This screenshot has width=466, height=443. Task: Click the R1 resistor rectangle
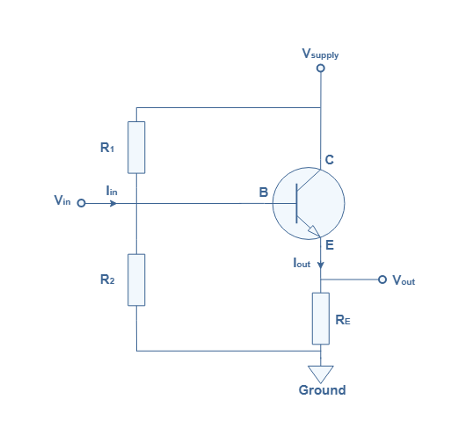(x=136, y=148)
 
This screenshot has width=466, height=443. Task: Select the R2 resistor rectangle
(x=136, y=280)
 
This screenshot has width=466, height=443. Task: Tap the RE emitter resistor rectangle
(x=321, y=318)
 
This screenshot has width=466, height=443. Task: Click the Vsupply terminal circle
(x=321, y=68)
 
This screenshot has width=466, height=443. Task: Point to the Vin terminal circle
(x=81, y=203)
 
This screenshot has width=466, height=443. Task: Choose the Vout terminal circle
(x=382, y=280)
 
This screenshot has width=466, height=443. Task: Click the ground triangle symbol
(x=321, y=374)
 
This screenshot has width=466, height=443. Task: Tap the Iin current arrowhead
(x=113, y=204)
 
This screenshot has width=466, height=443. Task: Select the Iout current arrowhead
(x=321, y=265)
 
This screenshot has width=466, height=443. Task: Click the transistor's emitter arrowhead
(x=314, y=231)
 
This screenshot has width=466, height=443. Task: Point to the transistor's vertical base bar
(x=296, y=203)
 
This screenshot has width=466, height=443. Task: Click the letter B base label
(x=264, y=192)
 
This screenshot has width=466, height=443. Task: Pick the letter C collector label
(x=330, y=160)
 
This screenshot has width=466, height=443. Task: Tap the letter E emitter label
(x=330, y=245)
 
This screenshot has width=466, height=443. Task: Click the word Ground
(x=322, y=390)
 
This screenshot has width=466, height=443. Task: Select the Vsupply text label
(x=320, y=54)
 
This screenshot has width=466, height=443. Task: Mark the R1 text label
(x=107, y=148)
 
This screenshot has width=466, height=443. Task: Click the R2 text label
(x=107, y=280)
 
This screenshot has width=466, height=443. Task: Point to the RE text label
(x=343, y=320)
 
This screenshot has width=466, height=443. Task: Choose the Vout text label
(x=404, y=280)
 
